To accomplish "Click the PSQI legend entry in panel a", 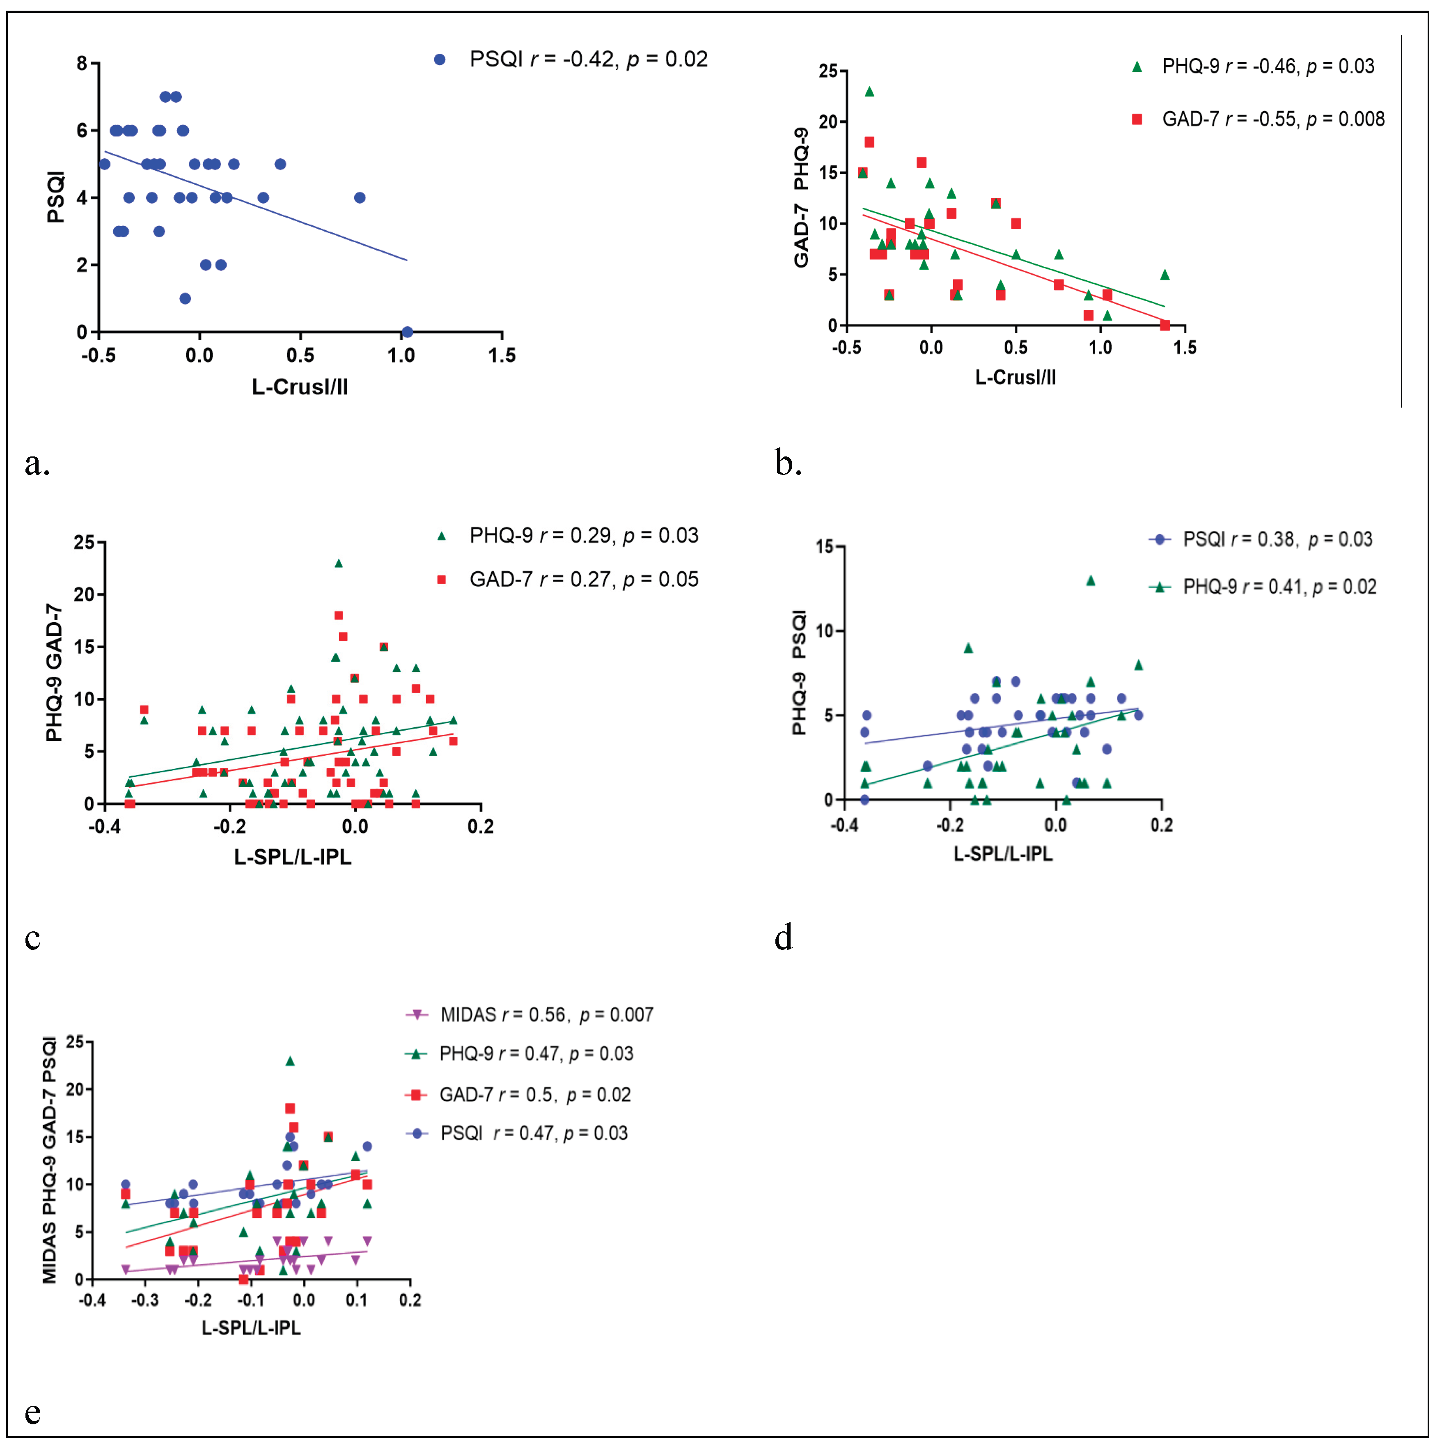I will (571, 60).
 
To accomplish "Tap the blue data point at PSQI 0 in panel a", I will (407, 332).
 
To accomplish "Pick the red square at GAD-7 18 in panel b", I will (870, 142).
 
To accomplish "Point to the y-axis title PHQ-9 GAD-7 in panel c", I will (54, 672).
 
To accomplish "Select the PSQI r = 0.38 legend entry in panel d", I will (1262, 539).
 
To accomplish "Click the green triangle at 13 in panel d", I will (1091, 580).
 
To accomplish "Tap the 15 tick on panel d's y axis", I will (825, 547).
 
